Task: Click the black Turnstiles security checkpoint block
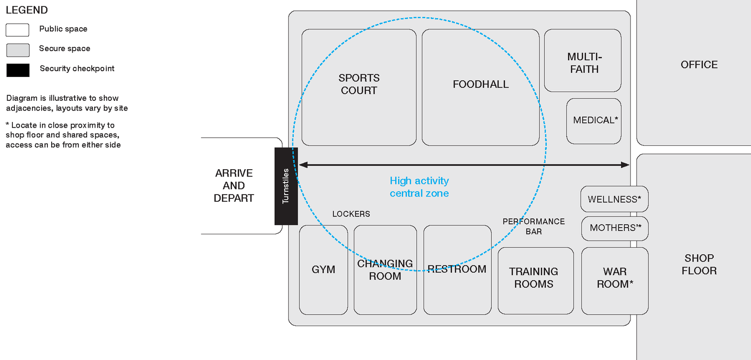click(x=286, y=186)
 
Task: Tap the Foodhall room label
click(x=480, y=85)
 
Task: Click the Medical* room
click(x=594, y=121)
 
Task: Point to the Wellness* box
click(x=614, y=199)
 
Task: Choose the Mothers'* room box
click(x=615, y=228)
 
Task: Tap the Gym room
click(x=323, y=270)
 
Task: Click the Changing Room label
click(x=385, y=270)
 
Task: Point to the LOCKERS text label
click(x=351, y=214)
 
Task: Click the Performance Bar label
click(x=533, y=227)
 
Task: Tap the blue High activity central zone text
click(x=419, y=187)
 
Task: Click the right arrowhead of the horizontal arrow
click(x=626, y=165)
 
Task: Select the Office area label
click(x=699, y=65)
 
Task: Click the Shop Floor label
click(x=699, y=264)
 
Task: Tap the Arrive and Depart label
click(x=234, y=186)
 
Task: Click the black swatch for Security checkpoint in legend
click(x=18, y=70)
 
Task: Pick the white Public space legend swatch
click(x=18, y=30)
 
